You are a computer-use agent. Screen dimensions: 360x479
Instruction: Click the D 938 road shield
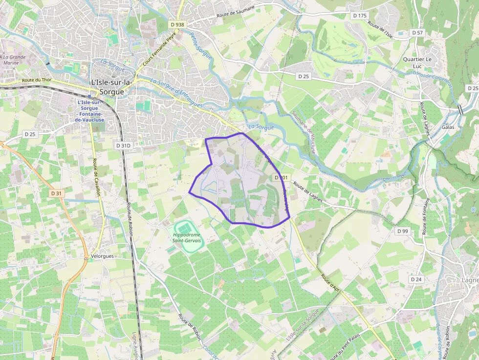tap(178, 24)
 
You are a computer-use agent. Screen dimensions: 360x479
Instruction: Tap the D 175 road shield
tap(359, 16)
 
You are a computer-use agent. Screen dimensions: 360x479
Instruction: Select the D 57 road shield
tap(417, 32)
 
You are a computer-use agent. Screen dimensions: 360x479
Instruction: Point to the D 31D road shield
tap(123, 146)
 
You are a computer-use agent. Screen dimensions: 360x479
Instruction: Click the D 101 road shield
tap(282, 177)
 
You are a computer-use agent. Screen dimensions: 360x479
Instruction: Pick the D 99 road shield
tap(402, 231)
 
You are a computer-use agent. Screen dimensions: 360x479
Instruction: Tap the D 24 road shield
tap(416, 279)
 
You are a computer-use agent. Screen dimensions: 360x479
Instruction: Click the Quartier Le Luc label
tap(417, 63)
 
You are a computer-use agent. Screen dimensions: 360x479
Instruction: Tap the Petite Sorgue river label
tap(201, 46)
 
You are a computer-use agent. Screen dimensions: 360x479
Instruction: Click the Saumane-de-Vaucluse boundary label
tap(307, 131)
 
